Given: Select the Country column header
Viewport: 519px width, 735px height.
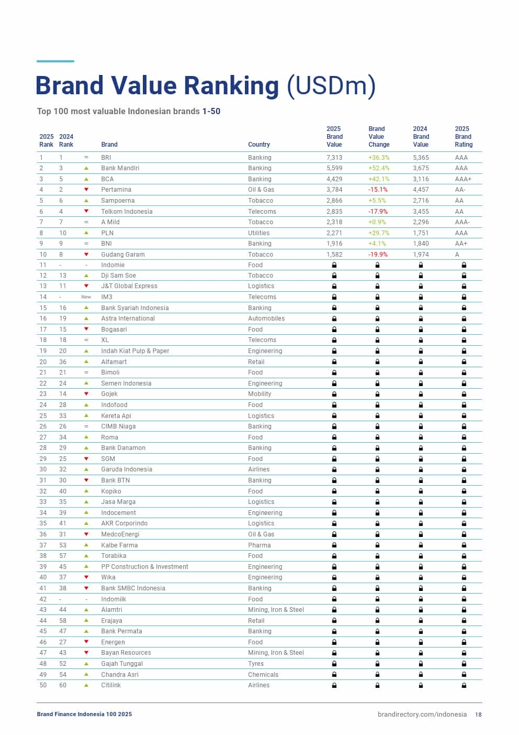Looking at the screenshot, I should [x=259, y=145].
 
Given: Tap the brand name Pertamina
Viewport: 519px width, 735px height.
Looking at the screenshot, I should [x=116, y=190].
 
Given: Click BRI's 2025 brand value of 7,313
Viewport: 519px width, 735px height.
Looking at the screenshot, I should [x=334, y=158].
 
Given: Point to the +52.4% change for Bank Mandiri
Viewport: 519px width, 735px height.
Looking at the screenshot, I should [x=379, y=168].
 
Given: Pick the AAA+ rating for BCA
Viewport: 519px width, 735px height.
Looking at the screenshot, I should [x=463, y=179].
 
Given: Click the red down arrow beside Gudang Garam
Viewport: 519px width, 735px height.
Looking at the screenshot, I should [x=86, y=255].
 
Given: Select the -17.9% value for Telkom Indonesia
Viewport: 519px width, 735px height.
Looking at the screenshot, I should [x=378, y=212].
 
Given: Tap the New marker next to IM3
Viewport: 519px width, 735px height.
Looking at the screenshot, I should [x=86, y=297].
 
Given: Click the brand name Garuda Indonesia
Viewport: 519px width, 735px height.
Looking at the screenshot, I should [x=127, y=469].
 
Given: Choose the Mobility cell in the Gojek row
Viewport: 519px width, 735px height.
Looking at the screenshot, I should [x=259, y=394].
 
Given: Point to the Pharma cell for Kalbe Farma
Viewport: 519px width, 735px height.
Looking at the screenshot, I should [x=259, y=545].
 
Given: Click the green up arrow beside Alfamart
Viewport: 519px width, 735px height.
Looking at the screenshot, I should [x=86, y=362].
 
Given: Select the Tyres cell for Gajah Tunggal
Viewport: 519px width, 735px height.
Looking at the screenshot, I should [x=256, y=664].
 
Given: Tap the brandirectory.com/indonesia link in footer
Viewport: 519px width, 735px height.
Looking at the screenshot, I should [x=422, y=715].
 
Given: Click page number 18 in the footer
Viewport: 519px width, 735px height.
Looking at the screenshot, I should [x=478, y=715].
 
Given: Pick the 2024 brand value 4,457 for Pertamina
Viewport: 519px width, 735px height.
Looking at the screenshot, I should [x=421, y=190].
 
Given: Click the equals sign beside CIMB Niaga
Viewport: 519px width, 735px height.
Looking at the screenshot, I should [x=86, y=426].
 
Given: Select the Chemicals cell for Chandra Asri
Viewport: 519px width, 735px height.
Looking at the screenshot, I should [x=263, y=675].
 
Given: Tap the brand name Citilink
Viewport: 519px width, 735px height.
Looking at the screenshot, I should [x=111, y=685].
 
